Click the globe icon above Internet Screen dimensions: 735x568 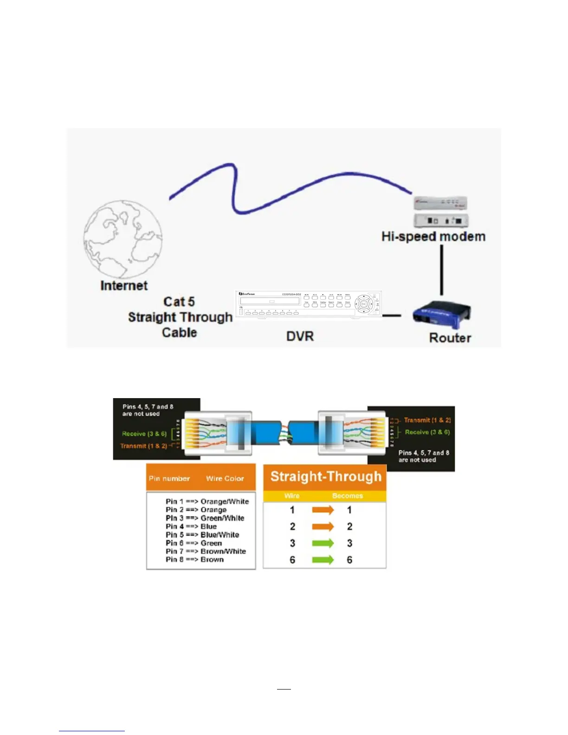123,239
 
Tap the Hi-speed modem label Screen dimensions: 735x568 433,237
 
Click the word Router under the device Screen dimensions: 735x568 450,338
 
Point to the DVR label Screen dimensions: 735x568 300,336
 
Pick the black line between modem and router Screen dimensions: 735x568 441,270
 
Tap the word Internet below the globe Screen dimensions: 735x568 124,285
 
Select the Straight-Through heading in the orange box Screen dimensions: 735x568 326,477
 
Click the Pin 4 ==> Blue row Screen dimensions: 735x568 191,526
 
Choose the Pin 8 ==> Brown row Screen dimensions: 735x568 194,560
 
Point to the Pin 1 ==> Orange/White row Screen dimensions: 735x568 207,501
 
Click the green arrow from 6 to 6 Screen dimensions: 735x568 323,560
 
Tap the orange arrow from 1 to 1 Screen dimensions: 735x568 323,510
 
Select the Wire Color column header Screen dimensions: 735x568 225,478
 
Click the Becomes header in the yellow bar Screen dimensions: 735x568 347,496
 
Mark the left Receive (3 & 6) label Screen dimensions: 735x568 144,434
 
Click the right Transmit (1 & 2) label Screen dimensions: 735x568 427,420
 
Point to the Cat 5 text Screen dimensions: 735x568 179,302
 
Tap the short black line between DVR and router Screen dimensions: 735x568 391,316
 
